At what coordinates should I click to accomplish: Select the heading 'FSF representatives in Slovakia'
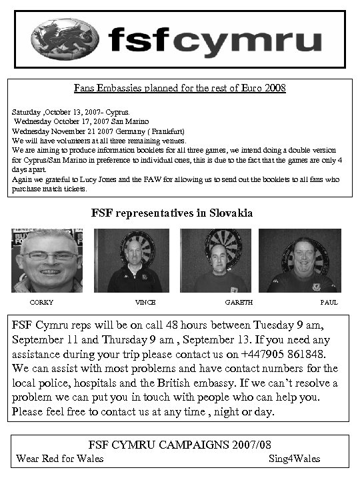click(172, 214)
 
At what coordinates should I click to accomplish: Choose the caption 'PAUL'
click(329, 302)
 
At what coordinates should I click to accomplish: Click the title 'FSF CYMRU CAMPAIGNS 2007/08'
click(180, 446)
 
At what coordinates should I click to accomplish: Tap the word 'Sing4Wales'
click(294, 459)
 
